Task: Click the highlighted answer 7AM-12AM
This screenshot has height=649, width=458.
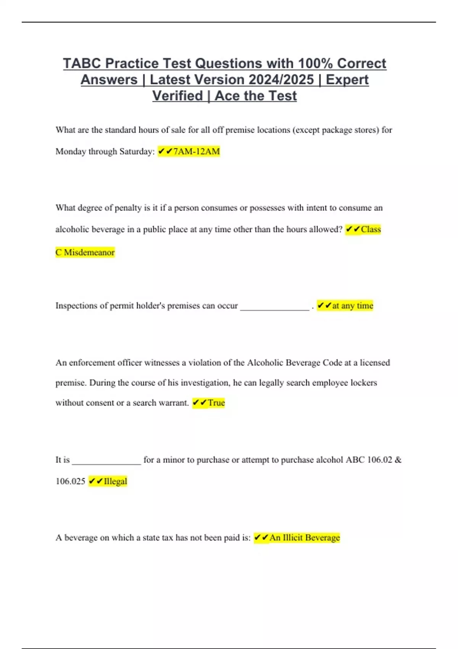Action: point(196,152)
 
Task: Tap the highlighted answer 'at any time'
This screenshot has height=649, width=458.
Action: point(352,305)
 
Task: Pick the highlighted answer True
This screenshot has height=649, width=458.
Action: point(216,403)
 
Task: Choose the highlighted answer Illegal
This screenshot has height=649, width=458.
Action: point(115,481)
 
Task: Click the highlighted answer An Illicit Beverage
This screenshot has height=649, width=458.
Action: point(304,538)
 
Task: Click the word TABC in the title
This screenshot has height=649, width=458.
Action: point(82,63)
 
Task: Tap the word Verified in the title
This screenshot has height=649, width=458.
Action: point(177,96)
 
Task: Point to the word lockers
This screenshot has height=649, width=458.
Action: point(364,383)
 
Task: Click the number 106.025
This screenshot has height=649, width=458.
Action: point(70,481)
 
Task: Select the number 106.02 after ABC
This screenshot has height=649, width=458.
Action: point(379,460)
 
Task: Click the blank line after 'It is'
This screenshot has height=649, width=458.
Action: point(106,462)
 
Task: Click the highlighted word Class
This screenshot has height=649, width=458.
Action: point(371,229)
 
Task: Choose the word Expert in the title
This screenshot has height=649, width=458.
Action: point(347,80)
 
